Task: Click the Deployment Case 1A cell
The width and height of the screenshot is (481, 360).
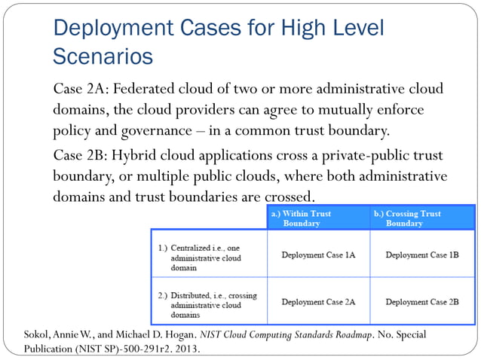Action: point(318,255)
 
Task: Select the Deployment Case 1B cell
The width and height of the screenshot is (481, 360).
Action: point(422,255)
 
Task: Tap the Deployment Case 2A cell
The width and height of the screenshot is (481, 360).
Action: point(318,301)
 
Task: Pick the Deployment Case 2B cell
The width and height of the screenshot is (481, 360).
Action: point(422,301)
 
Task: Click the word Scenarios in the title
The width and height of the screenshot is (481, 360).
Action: point(103,56)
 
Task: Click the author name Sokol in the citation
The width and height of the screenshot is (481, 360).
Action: point(38,332)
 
